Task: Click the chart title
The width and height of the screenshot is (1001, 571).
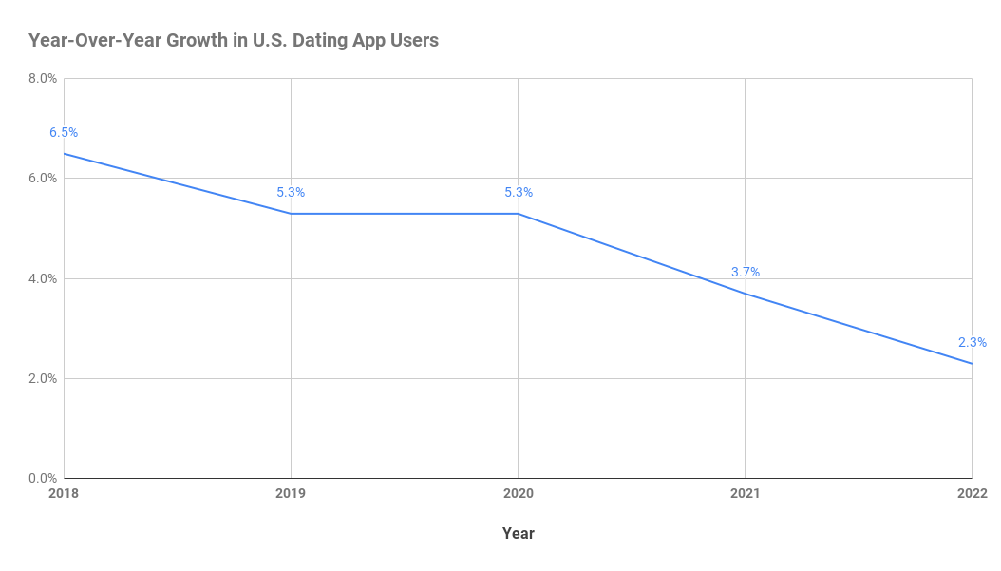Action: coord(234,41)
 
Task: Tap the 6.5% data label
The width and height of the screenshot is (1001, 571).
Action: coord(64,133)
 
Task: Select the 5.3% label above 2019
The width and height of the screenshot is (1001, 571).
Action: coord(291,193)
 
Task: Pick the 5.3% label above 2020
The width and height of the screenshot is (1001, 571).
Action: coord(518,193)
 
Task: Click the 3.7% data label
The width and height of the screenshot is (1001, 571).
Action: coord(745,273)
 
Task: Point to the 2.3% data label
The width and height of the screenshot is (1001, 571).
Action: coord(972,343)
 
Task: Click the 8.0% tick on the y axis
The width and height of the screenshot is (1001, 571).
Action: coord(43,78)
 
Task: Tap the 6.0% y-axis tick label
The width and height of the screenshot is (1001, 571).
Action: coord(43,179)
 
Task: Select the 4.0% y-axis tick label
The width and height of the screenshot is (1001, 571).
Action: coord(43,278)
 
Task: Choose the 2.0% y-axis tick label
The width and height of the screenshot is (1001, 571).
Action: coord(43,378)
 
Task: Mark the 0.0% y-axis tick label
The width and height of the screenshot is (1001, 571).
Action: coord(43,479)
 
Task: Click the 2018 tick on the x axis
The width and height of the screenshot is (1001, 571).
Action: coord(64,494)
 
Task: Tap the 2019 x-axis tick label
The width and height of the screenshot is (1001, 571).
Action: coord(291,494)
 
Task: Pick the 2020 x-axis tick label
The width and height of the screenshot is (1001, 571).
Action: coord(518,494)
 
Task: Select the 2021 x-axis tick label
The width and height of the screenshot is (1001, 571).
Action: coord(745,494)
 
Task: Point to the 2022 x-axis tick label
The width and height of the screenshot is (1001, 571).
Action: coord(972,494)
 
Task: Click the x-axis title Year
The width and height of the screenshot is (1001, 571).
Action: coord(518,534)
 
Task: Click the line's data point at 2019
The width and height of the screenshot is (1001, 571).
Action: coord(291,214)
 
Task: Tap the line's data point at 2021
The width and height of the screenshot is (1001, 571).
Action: coord(745,294)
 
